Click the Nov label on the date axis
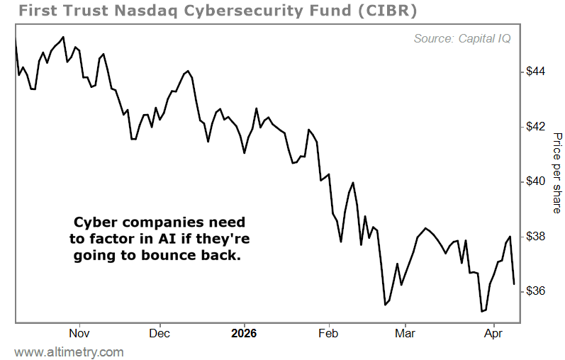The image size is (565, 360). [x=79, y=332]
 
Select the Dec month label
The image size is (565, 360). [x=160, y=332]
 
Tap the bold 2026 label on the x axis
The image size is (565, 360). [x=244, y=332]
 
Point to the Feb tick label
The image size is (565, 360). [x=328, y=332]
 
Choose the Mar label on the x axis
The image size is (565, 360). [x=404, y=332]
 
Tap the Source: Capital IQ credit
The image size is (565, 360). [x=461, y=39]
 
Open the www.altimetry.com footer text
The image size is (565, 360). [x=69, y=352]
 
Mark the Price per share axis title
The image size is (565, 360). [x=557, y=173]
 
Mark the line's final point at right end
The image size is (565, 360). [x=514, y=283]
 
